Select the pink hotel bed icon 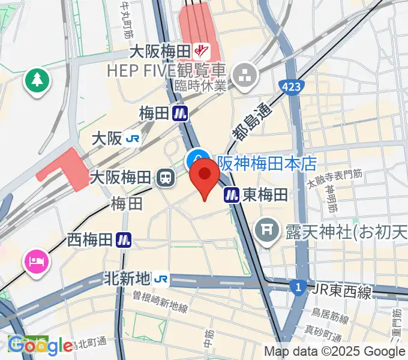click(37, 262)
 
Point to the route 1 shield click(297, 288)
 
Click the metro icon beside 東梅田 click(232, 194)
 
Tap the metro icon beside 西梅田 click(124, 240)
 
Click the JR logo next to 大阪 click(133, 139)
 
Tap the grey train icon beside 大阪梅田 click(164, 177)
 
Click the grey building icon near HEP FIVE click(245, 76)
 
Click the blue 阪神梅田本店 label click(267, 163)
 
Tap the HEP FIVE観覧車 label click(166, 70)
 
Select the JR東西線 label click(341, 290)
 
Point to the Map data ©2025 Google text click(335, 352)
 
